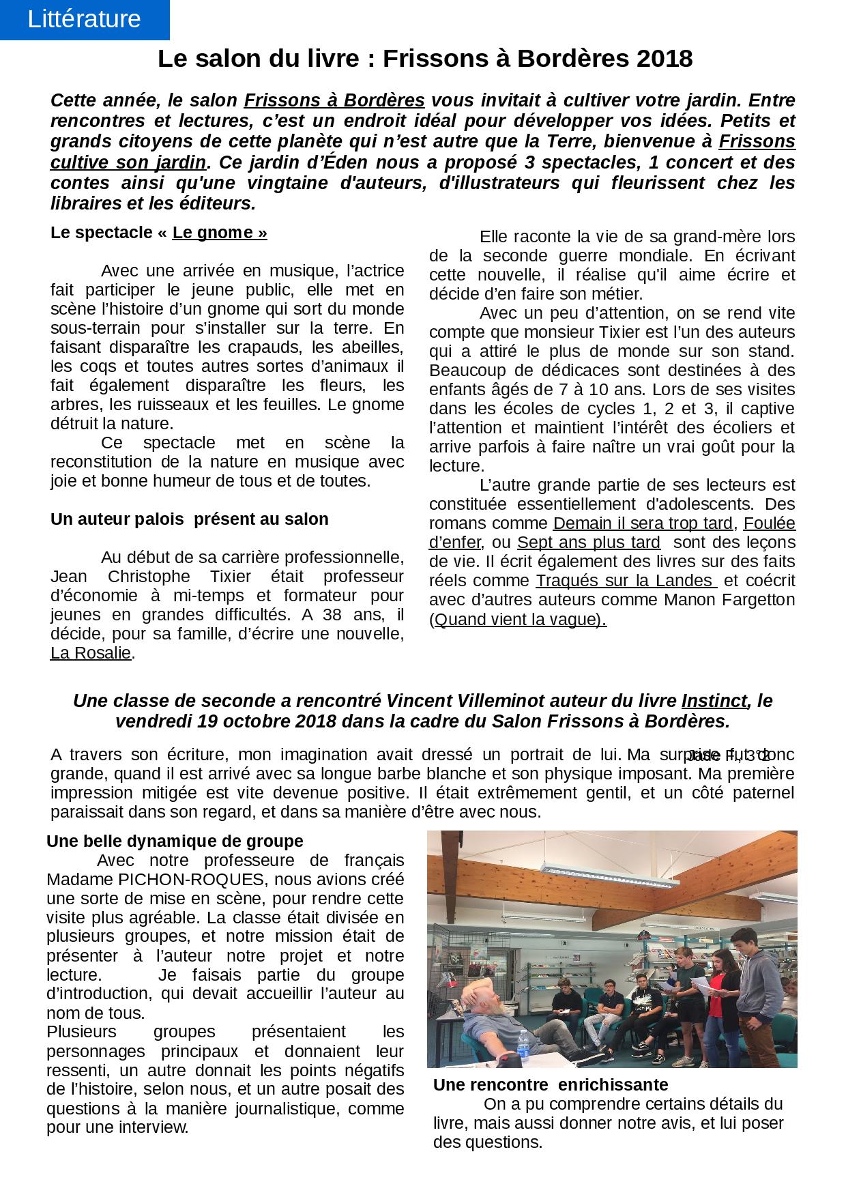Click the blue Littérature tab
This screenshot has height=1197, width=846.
(x=85, y=19)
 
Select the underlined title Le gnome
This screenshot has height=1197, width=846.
(x=219, y=233)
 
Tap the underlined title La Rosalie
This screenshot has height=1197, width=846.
(x=91, y=653)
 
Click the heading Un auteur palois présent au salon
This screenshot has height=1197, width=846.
(x=190, y=519)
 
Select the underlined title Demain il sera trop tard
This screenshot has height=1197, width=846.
(x=643, y=524)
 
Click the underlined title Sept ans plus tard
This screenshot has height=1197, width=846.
(x=588, y=543)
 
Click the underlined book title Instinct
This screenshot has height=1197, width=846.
(x=714, y=702)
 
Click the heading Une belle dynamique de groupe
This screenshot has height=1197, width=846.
(x=175, y=841)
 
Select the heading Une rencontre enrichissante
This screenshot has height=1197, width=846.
(x=551, y=1084)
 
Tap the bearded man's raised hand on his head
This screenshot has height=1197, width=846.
(x=477, y=990)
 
